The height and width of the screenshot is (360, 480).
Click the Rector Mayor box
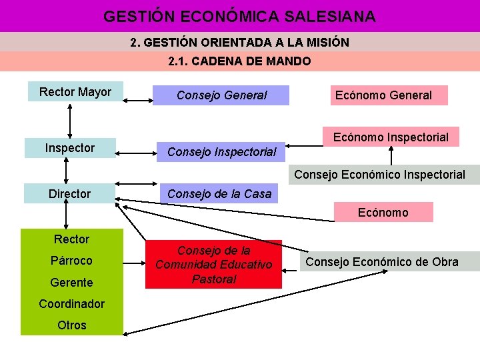(75, 92)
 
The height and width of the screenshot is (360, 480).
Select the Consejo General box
(221, 95)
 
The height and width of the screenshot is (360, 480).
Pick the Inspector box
(69, 148)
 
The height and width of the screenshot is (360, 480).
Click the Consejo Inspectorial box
(221, 152)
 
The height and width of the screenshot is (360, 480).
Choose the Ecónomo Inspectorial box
(391, 137)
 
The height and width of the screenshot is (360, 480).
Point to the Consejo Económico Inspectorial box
(379, 175)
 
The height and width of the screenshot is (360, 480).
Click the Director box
(69, 194)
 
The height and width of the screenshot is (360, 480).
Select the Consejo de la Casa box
(219, 194)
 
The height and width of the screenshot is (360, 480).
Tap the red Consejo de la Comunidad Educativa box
(213, 265)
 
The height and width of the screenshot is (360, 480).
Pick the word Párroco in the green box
(72, 261)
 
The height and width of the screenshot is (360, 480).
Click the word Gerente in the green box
(72, 283)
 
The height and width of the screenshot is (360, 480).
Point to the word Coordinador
(72, 304)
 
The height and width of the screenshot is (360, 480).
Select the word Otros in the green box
(72, 325)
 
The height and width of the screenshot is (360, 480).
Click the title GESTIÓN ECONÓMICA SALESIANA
(239, 16)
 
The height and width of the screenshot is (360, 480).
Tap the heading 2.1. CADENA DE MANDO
(239, 61)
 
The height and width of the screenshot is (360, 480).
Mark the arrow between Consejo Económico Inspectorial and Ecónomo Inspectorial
(391, 156)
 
